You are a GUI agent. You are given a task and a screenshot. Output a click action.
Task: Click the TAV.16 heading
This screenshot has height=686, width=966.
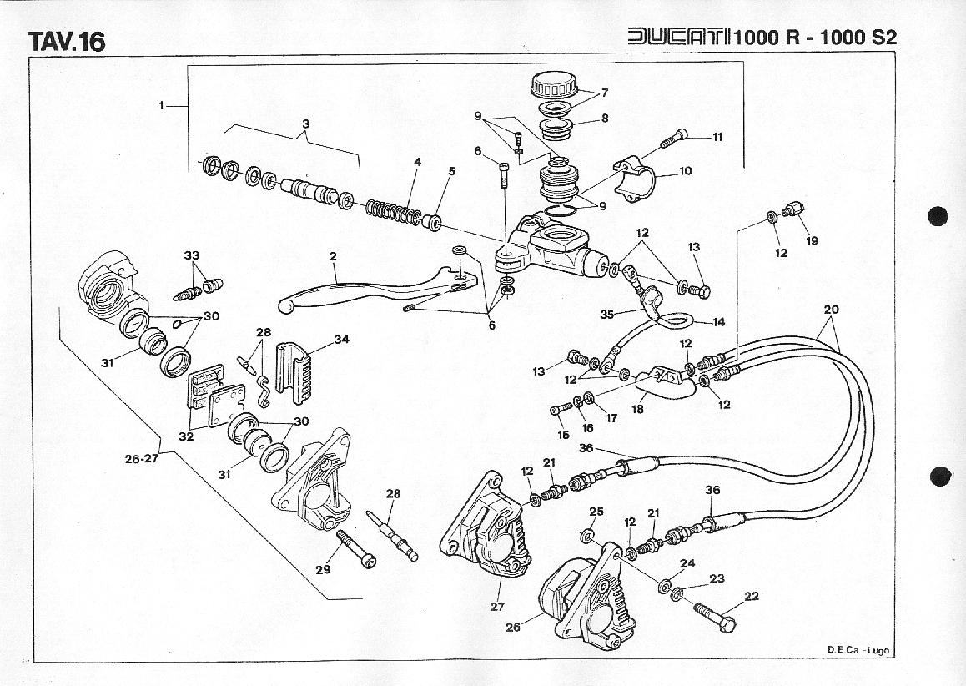click(x=67, y=41)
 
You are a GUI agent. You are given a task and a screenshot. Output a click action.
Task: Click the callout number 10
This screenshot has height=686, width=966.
click(x=685, y=172)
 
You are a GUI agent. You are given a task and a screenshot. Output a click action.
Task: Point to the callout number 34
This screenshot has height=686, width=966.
click(x=340, y=339)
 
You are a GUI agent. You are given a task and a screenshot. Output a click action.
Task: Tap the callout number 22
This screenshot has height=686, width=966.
click(x=752, y=596)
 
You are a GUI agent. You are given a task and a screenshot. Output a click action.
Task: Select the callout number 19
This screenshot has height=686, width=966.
click(x=812, y=241)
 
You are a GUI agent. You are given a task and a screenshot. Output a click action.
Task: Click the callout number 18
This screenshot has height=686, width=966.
click(x=638, y=409)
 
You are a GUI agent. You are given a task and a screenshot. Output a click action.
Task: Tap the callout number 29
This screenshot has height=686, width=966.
click(x=323, y=570)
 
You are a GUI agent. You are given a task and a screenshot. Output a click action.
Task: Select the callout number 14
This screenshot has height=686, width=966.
click(x=719, y=321)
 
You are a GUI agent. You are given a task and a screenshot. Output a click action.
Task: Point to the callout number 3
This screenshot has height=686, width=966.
click(x=306, y=124)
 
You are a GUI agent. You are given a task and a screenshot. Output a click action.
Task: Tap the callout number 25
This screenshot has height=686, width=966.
click(x=596, y=511)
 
